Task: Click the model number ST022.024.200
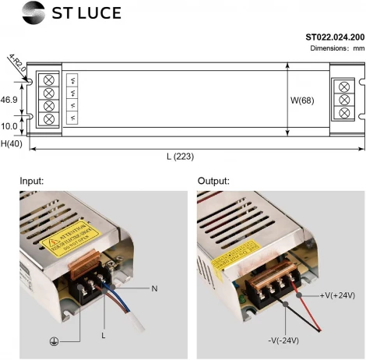pos(334,37)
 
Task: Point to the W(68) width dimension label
pos(304,101)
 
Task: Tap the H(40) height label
pos(11,144)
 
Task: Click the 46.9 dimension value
pos(9,101)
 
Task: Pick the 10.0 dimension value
pos(9,125)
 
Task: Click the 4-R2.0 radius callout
pos(17,62)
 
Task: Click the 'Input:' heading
pos(32,181)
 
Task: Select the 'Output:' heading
pos(214,181)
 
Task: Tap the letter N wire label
pos(154,289)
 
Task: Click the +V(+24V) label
pos(337,295)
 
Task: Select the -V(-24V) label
pos(283,341)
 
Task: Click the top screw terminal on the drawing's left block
pos(51,80)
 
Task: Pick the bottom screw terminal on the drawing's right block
pos(343,113)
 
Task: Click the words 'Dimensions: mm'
pos(337,48)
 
